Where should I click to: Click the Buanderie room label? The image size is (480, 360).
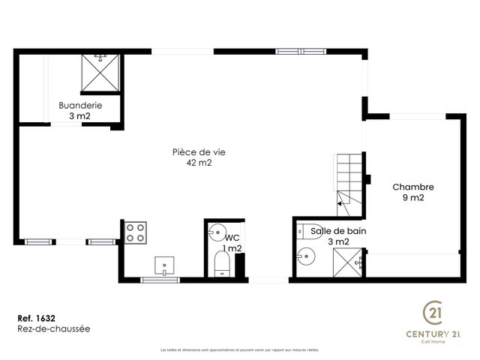(x=80, y=106)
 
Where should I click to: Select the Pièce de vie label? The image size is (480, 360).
(x=199, y=151)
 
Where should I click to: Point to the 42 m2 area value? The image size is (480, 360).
(x=199, y=163)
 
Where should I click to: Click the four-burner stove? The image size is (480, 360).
(x=136, y=232)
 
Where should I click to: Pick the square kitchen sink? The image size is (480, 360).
(x=164, y=265)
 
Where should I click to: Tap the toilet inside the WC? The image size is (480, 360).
(x=223, y=265)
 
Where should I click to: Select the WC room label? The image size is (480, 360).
(x=232, y=237)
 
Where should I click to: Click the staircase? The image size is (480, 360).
(x=349, y=180)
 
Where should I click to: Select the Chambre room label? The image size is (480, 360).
(x=413, y=187)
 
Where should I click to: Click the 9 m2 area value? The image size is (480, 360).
(x=413, y=198)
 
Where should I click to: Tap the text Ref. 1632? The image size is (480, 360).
(x=35, y=317)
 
